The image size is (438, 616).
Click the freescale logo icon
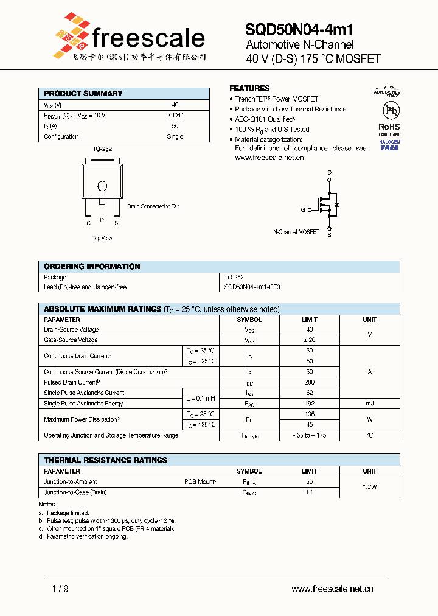tap(72, 34)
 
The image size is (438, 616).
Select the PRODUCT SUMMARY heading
tap(83, 94)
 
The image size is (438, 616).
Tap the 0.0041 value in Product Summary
tap(175, 115)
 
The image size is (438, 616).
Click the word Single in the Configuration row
tap(175, 137)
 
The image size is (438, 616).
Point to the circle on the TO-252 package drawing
tap(102, 186)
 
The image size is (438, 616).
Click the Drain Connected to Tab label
tap(153, 206)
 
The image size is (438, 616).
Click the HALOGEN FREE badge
tap(389, 145)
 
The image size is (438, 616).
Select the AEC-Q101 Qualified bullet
tap(265, 119)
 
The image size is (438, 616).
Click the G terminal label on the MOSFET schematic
tap(302, 210)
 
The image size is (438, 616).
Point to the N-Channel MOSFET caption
tap(296, 232)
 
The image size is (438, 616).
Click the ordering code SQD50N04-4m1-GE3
tap(252, 287)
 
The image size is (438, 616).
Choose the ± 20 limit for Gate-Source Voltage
tap(310, 340)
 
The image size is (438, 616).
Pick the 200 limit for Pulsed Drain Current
tap(310, 382)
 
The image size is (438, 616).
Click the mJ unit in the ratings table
tap(369, 404)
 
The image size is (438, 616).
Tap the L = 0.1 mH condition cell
tap(200, 398)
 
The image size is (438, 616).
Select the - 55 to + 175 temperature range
tap(310, 436)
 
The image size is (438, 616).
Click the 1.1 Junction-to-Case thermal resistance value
tap(310, 492)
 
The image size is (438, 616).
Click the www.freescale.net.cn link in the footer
tap(332, 589)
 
